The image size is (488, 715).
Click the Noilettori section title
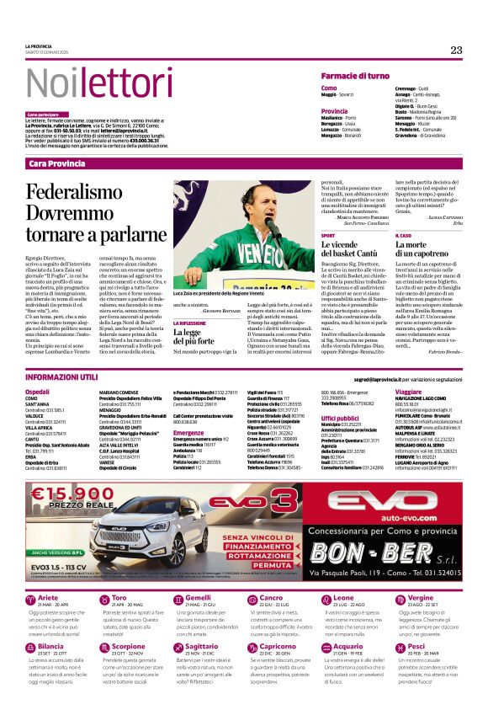pos(88,83)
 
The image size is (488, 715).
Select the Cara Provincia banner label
pos(56,163)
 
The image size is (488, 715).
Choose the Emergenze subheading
pos(188,433)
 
